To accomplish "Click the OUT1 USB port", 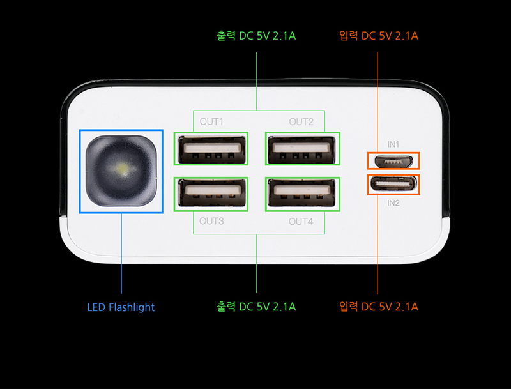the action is (x=212, y=149).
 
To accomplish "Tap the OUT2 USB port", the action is (x=301, y=149).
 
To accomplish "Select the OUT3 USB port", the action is (x=212, y=193).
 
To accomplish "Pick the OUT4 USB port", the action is (x=301, y=193).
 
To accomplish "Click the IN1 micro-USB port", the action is (x=393, y=161).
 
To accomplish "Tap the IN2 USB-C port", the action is (x=393, y=185).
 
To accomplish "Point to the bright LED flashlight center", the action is (x=123, y=169).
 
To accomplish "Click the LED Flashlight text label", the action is (x=121, y=307).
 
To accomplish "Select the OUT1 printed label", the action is (x=211, y=122).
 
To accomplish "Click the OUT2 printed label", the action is (x=301, y=122).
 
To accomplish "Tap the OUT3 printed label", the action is (x=211, y=221).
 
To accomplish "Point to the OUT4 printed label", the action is (x=301, y=222).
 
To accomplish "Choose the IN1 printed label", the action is (x=393, y=144).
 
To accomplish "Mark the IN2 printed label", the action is (x=393, y=203).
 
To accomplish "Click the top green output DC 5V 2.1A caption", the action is (x=257, y=36).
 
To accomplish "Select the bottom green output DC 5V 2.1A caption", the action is (x=257, y=307).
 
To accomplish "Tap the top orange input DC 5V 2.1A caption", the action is (x=379, y=36).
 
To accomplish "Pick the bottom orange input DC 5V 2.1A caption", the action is (x=379, y=307).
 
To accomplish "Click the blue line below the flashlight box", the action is (x=121, y=254).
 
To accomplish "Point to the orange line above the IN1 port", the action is (x=378, y=102).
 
